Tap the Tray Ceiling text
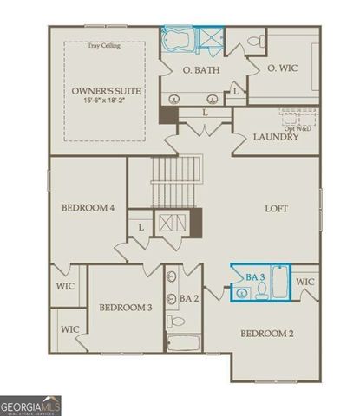[104, 46]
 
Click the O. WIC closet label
[283, 68]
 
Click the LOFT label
[276, 209]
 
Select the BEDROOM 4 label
[88, 209]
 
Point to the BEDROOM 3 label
[125, 308]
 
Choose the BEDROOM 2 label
[266, 333]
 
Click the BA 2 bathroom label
[188, 299]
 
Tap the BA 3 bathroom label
[255, 276]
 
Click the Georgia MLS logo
[30, 406]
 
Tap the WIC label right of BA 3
[305, 283]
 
